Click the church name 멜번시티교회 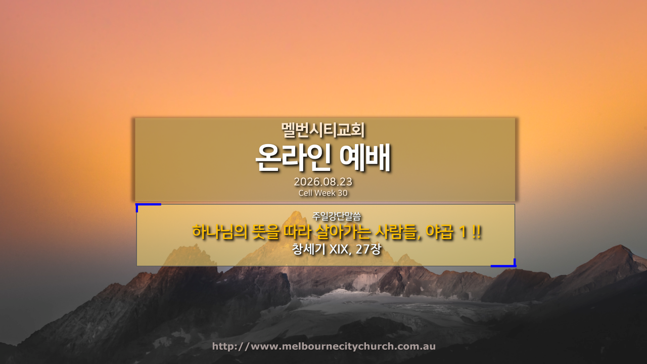(323, 130)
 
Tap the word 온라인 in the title (293, 158)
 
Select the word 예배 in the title (365, 158)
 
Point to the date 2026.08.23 (323, 181)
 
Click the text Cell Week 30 (323, 193)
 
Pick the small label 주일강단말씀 (337, 216)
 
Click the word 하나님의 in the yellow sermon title (220, 232)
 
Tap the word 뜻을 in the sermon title (266, 232)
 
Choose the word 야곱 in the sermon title (439, 232)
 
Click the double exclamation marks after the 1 (477, 232)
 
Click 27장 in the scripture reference (368, 249)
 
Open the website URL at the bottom (324, 346)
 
